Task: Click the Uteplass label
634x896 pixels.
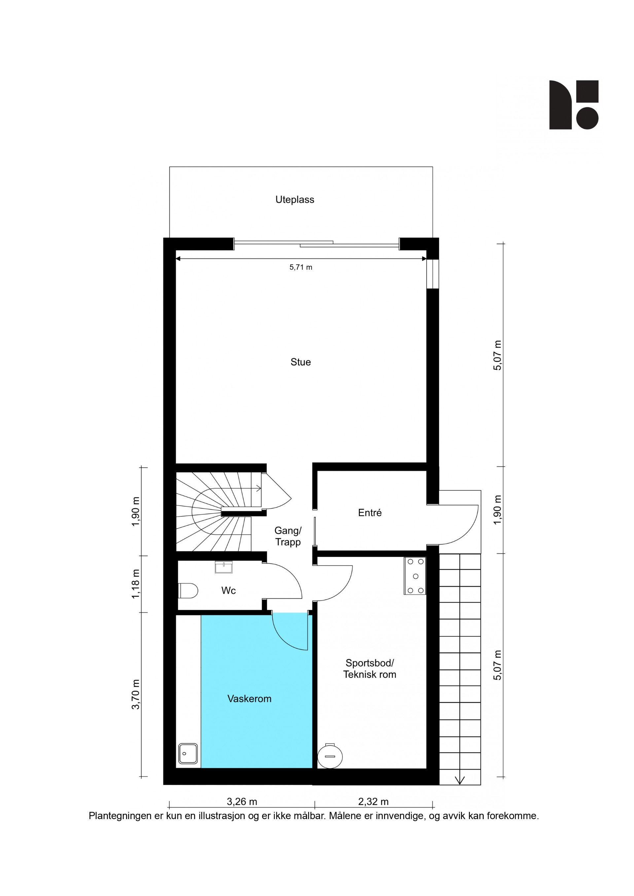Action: pos(295,199)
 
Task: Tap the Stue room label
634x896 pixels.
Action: pos(300,362)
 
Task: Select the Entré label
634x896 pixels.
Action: pos(370,513)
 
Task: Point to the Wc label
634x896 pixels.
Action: pos(229,590)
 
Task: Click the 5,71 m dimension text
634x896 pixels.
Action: pos(300,267)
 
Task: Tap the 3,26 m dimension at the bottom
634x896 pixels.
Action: pos(242,802)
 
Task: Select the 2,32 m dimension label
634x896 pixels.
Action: pos(373,802)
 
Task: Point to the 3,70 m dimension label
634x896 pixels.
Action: pos(135,694)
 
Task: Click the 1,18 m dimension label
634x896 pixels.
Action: pos(135,584)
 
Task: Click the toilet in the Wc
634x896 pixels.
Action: pos(188,591)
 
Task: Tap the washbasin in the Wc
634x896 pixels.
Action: pos(224,567)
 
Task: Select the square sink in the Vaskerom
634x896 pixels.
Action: pos(188,753)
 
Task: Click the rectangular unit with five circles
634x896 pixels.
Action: pos(415,576)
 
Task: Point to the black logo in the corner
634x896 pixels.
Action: pos(574,105)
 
